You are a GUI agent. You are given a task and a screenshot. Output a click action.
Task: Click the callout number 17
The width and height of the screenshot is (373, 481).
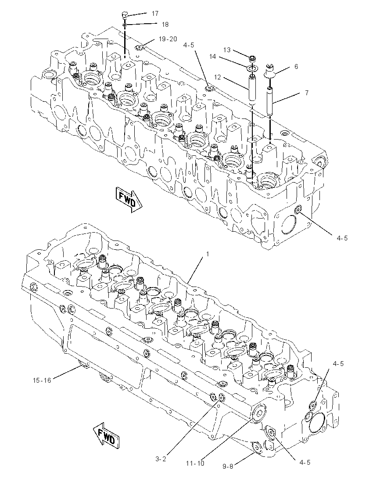[155, 14]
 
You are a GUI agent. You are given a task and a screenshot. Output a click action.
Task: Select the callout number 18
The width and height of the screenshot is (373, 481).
[165, 25]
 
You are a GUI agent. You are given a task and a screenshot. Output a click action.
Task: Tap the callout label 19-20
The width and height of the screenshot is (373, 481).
[168, 39]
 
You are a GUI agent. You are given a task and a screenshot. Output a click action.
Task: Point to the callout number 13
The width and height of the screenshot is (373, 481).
[227, 50]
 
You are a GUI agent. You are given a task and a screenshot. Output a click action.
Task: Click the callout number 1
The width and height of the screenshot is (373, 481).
[208, 254]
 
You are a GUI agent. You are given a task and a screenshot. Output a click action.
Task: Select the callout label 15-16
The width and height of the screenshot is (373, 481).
[42, 380]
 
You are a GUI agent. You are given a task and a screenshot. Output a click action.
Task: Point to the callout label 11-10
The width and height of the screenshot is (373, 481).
[195, 463]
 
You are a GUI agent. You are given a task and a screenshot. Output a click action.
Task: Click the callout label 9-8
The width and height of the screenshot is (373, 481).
[228, 467]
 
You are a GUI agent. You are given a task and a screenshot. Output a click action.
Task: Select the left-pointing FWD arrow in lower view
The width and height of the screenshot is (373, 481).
[107, 435]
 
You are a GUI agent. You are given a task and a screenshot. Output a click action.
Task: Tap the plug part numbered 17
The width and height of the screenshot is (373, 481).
[125, 15]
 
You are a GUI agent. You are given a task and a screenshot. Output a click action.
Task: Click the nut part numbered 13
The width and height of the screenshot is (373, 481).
[253, 58]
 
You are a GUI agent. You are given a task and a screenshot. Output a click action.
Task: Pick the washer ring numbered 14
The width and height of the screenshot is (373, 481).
[252, 68]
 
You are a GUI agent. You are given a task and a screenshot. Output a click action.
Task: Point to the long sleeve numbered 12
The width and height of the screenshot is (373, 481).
[252, 90]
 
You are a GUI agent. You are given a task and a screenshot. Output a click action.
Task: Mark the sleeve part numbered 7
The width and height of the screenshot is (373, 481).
[269, 101]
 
